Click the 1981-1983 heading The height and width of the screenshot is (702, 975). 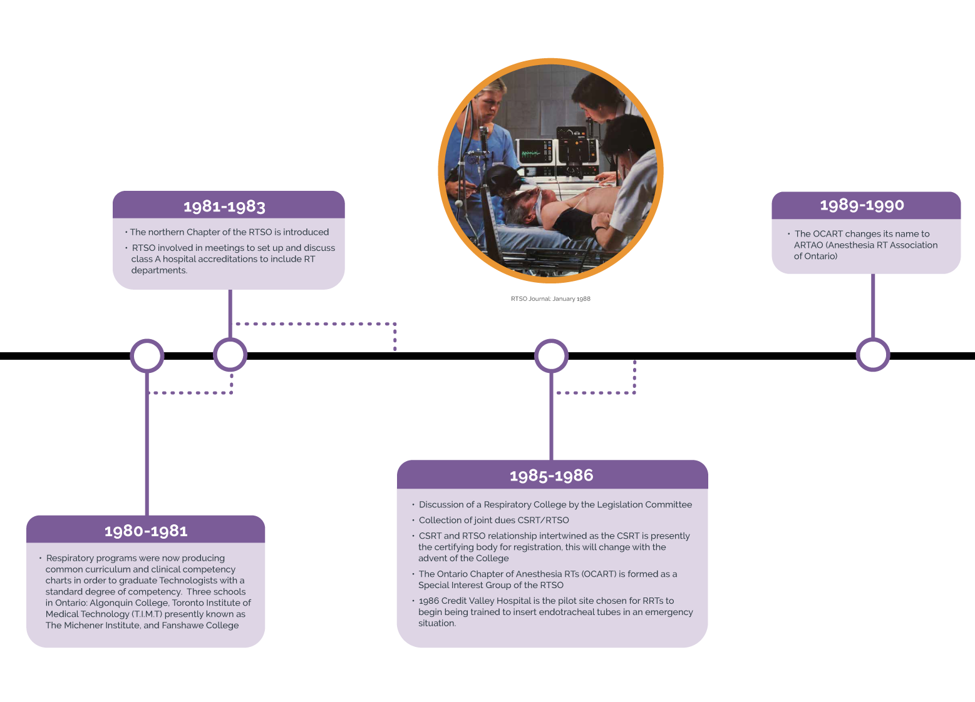pos(224,206)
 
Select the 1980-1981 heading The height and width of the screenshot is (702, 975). pos(146,531)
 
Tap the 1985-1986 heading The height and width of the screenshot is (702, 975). pos(551,476)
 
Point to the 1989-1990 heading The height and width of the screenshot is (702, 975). pos(862,205)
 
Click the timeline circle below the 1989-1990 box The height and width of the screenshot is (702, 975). pos(872,355)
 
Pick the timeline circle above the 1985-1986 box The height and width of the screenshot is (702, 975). pos(551,355)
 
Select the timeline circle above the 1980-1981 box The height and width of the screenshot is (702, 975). pos(147,355)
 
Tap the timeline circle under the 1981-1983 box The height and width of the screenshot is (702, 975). pos(230,355)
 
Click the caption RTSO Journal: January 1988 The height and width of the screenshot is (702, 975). pos(550,299)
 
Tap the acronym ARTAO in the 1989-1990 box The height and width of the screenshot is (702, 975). pos(808,245)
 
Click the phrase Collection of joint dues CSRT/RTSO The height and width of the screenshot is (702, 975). pos(493,520)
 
